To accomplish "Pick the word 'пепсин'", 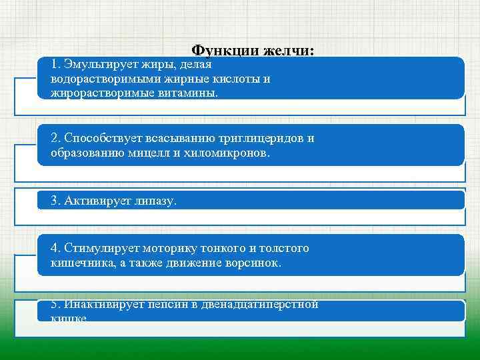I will click(166, 305).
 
